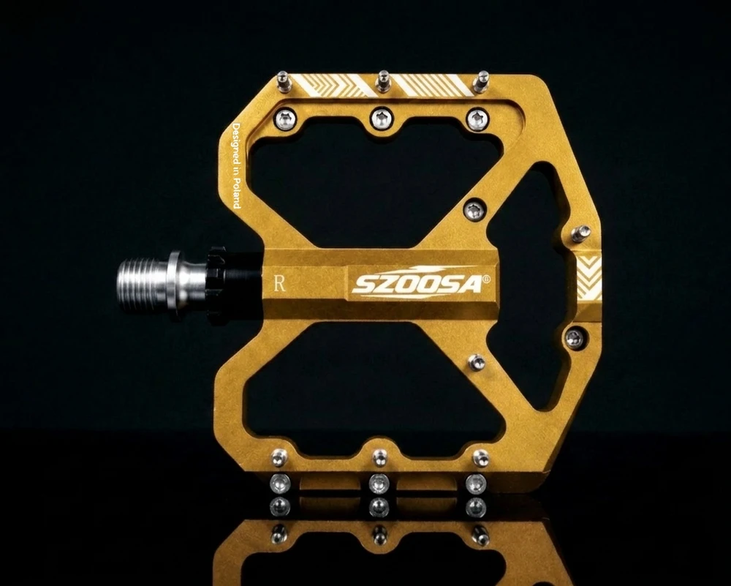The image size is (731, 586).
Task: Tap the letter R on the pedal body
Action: (x=279, y=283)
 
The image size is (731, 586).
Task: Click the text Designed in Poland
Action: (x=236, y=165)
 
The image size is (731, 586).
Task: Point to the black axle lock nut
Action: (x=218, y=285)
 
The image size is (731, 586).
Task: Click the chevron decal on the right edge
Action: (x=589, y=277)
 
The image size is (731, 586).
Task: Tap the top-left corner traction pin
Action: (x=283, y=82)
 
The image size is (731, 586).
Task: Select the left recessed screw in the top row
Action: (x=285, y=119)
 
